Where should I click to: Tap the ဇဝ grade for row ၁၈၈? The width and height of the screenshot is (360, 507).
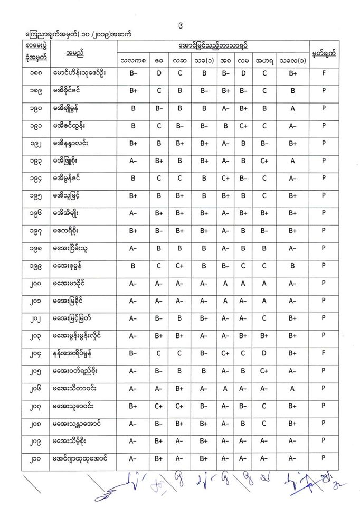[x=158, y=73]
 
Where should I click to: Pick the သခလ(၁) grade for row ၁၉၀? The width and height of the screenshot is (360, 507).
[x=292, y=108]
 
